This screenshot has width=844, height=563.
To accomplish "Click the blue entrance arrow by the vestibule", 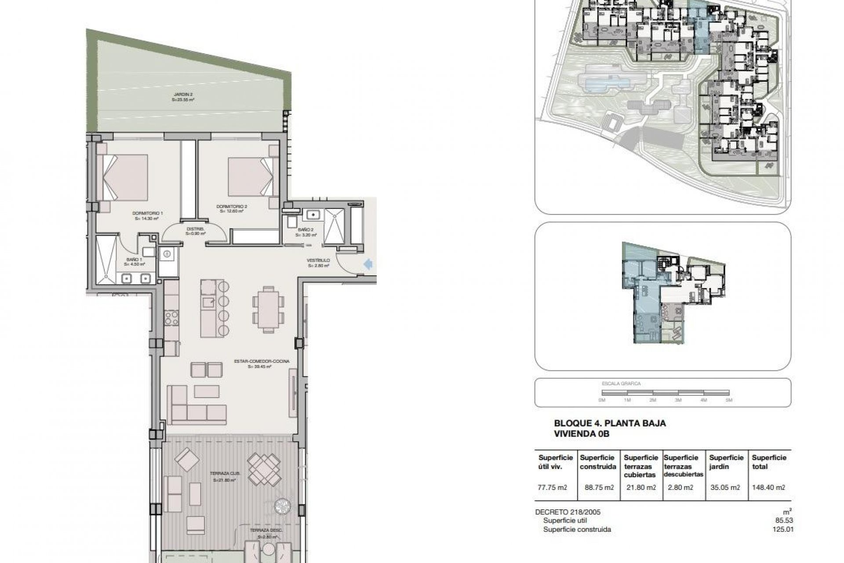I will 368,264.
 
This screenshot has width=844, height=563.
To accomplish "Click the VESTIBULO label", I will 318,263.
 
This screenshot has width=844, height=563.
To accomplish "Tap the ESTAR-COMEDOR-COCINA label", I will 262,363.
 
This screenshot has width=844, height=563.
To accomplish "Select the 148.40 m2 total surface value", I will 768,487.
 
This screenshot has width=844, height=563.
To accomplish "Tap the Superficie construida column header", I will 598,462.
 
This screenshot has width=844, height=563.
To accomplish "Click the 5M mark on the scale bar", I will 729,400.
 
